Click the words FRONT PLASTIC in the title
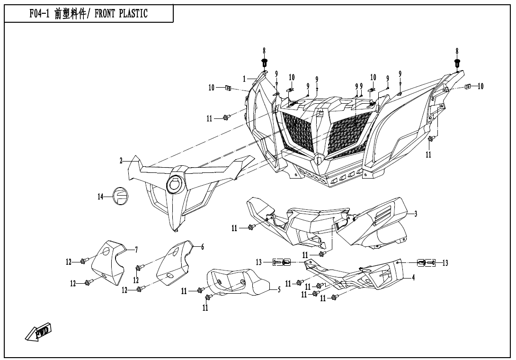point(121,14)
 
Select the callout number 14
point(100,197)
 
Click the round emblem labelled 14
point(119,196)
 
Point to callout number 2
point(121,161)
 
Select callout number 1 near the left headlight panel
point(245,79)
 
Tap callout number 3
point(416,214)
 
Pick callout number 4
point(413,278)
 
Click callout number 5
point(279,290)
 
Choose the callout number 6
point(203,247)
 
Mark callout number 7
point(136,249)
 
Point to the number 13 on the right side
point(445,263)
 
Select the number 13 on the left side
point(258,262)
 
